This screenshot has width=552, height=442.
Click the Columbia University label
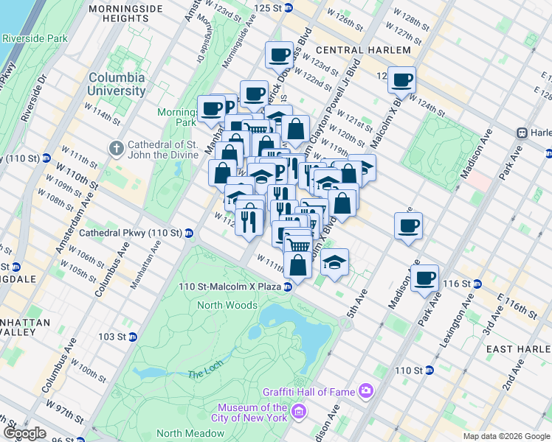117,84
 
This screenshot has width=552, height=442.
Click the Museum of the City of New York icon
299,410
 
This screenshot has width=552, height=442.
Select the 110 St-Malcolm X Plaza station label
235,287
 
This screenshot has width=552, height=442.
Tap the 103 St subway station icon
133,337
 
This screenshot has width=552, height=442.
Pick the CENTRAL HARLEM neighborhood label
362,50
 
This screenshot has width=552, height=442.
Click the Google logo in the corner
24,433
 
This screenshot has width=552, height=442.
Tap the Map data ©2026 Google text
506,436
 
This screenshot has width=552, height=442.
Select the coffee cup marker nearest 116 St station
424,278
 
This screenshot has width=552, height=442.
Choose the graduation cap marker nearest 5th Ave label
334,262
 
